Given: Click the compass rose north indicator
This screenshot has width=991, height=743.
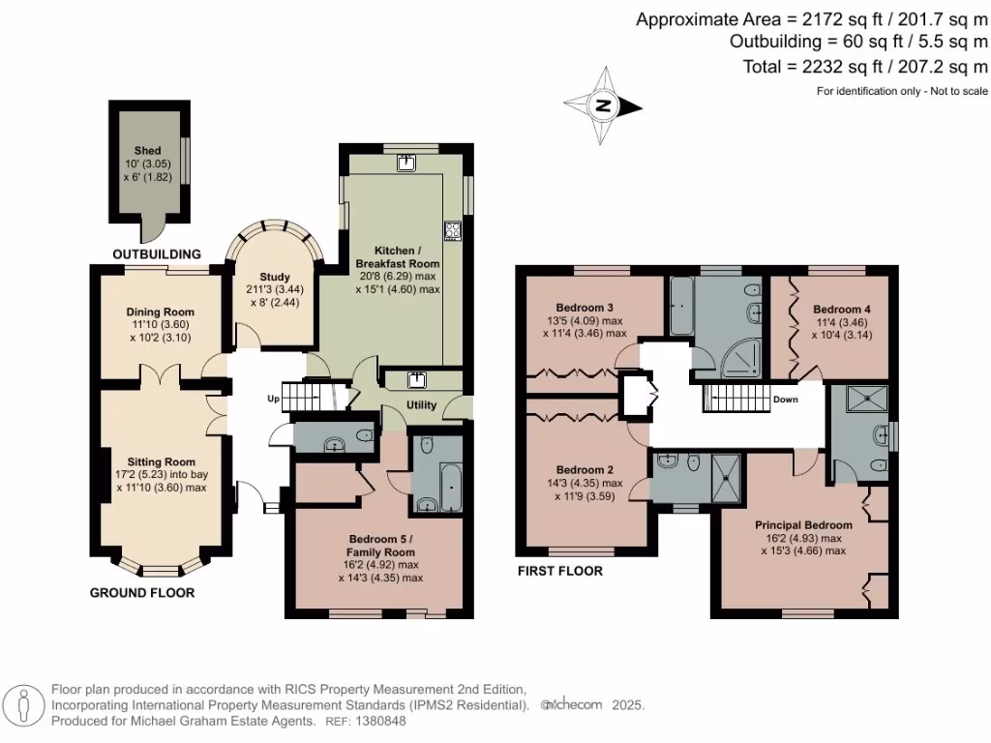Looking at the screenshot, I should point(602,106).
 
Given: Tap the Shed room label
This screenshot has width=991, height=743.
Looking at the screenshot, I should point(147,152).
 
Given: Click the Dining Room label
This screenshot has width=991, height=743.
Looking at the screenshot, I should point(161,312).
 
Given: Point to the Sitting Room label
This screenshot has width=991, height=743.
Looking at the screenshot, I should point(161,461).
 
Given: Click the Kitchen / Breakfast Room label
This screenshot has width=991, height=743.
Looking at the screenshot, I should point(397,256).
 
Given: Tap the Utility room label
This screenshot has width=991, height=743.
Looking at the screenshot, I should point(422,405).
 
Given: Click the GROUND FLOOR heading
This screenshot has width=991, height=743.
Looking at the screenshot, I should point(142,592).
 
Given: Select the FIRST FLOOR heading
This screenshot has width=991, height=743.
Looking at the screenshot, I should point(559,572).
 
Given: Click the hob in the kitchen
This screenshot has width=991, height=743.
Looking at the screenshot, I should point(452,230).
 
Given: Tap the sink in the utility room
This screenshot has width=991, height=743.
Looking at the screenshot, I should point(418,378).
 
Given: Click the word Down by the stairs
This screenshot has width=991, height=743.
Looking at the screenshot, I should point(785,399).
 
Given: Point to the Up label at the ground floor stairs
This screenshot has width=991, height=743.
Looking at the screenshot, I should point(274,399).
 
